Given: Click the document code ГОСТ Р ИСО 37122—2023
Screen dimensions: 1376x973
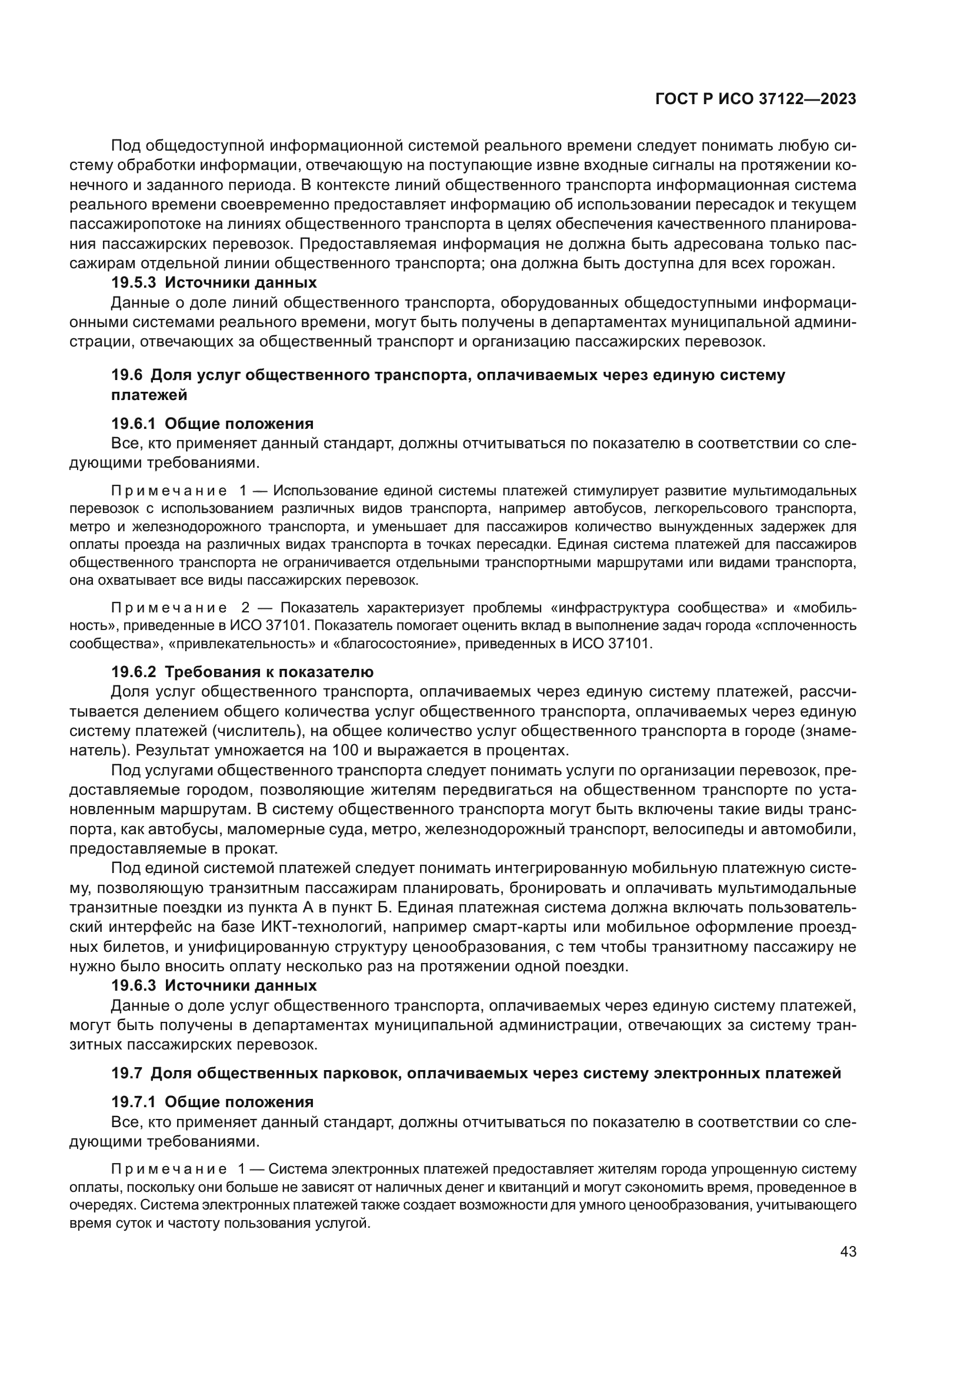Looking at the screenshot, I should (755, 99).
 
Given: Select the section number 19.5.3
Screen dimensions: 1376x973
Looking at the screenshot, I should (133, 282).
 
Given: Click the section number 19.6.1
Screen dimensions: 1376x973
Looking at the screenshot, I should (133, 424).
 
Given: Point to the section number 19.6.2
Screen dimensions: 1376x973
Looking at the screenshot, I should (133, 672).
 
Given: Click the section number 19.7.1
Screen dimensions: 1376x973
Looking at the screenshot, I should (133, 1102).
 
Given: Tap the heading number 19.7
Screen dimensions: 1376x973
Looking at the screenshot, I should (126, 1073).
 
